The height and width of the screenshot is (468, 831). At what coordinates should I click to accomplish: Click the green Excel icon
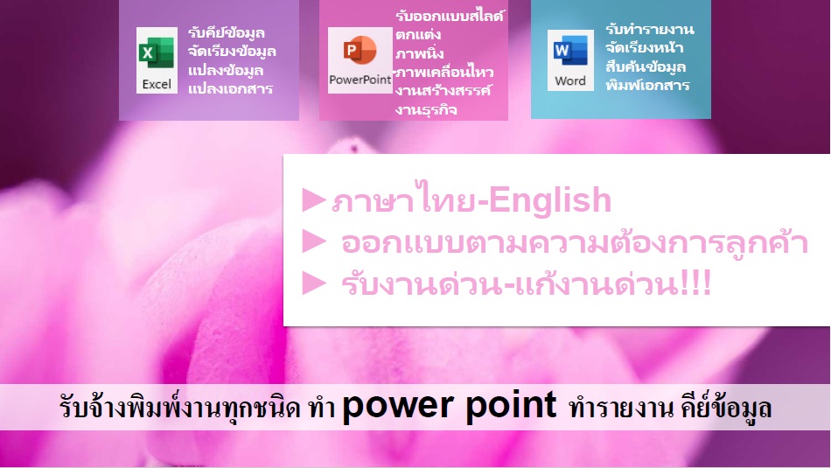(157, 53)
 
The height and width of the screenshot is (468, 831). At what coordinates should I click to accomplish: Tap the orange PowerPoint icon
(360, 51)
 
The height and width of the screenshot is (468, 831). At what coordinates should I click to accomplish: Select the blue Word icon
(570, 51)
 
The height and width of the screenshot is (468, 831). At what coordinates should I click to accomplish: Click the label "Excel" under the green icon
(157, 84)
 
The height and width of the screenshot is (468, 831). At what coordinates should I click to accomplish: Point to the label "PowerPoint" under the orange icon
(360, 80)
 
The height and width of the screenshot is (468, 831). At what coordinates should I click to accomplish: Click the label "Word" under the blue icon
(570, 81)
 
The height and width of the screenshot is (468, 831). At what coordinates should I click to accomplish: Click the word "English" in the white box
(550, 200)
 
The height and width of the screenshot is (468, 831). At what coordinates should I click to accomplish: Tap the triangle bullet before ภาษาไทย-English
(314, 200)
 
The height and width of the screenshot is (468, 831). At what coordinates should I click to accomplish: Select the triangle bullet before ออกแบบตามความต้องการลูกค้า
(314, 241)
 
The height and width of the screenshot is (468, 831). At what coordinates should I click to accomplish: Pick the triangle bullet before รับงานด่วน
(314, 283)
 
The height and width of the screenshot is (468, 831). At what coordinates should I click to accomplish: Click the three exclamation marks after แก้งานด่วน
(695, 283)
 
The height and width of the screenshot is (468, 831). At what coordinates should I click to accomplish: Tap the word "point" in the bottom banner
(512, 407)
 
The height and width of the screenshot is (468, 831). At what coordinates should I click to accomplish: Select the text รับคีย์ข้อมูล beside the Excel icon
(227, 33)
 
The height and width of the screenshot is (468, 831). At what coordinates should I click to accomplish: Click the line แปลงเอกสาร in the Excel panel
(231, 88)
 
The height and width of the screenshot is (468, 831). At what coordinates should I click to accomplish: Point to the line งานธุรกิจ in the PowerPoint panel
(426, 109)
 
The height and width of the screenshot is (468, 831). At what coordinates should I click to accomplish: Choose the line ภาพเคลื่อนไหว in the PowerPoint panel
(444, 72)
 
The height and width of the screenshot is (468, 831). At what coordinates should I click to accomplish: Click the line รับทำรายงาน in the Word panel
(650, 29)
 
